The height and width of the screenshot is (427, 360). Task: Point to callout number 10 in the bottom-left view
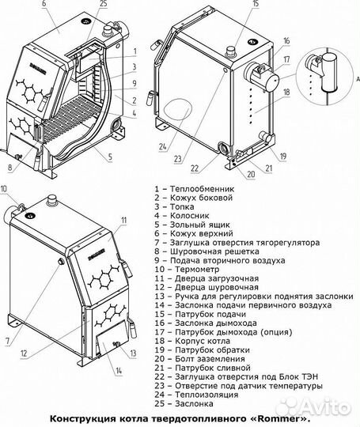click(6, 188)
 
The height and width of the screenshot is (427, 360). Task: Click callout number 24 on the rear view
click(162, 145)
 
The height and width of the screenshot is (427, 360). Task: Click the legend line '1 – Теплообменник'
click(194, 190)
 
